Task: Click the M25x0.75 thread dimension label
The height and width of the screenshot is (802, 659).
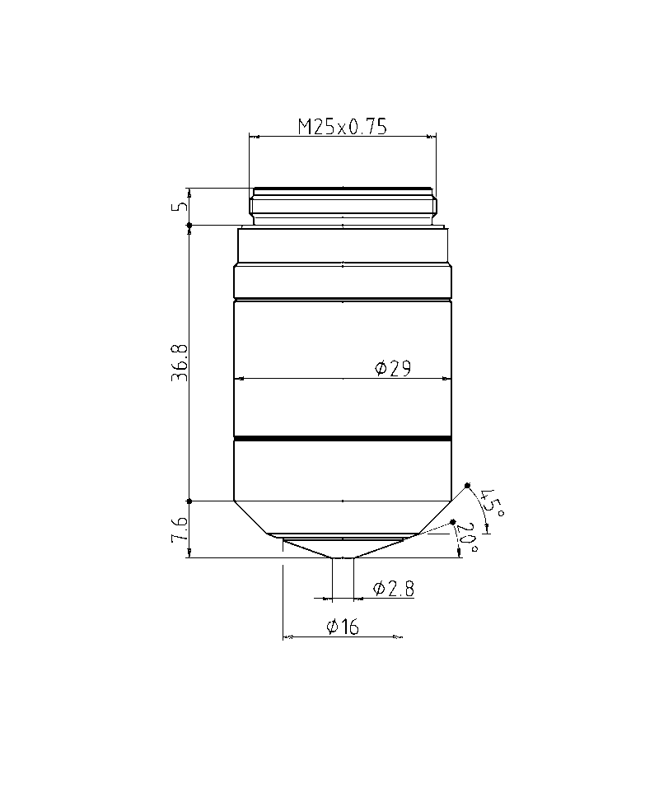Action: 343,126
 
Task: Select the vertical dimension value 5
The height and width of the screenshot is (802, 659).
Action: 180,207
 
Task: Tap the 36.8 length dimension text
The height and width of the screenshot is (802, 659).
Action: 180,362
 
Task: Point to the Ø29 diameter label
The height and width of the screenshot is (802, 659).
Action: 393,368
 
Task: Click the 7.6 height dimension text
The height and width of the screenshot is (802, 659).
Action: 180,529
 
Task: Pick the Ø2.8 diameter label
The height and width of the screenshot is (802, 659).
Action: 394,588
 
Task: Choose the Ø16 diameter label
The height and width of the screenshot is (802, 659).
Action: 343,626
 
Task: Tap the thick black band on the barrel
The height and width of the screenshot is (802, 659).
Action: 343,438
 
